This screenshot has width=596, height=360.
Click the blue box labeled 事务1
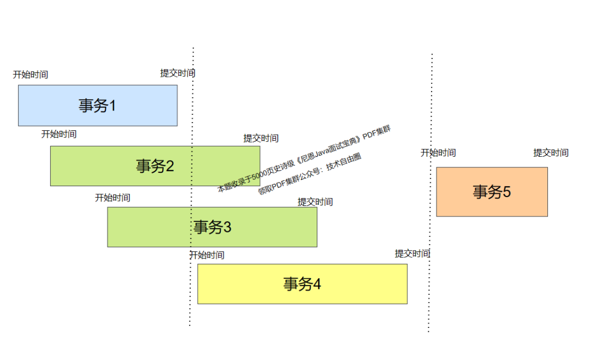(98, 105)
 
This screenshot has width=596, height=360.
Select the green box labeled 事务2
(155, 166)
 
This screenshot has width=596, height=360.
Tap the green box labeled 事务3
(212, 227)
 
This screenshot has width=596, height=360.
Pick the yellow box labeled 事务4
(302, 284)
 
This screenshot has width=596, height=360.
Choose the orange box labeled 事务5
(492, 192)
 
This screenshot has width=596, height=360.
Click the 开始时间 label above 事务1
(30, 75)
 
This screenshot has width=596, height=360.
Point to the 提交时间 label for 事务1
(177, 73)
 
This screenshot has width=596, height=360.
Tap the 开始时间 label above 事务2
(59, 134)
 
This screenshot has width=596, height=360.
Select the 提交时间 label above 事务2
(261, 138)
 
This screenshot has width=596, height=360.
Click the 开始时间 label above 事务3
(113, 198)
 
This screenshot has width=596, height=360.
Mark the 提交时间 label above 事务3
(315, 202)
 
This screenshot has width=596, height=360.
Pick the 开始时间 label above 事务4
(207, 255)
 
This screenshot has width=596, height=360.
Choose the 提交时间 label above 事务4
(412, 254)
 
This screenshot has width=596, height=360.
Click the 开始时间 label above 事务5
(438, 153)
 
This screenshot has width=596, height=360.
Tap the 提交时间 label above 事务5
(551, 153)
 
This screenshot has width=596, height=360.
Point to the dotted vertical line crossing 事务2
(192, 166)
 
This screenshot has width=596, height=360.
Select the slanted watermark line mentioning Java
(304, 159)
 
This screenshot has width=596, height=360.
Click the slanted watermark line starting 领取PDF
(310, 174)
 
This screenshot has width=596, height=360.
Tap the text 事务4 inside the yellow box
(302, 284)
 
